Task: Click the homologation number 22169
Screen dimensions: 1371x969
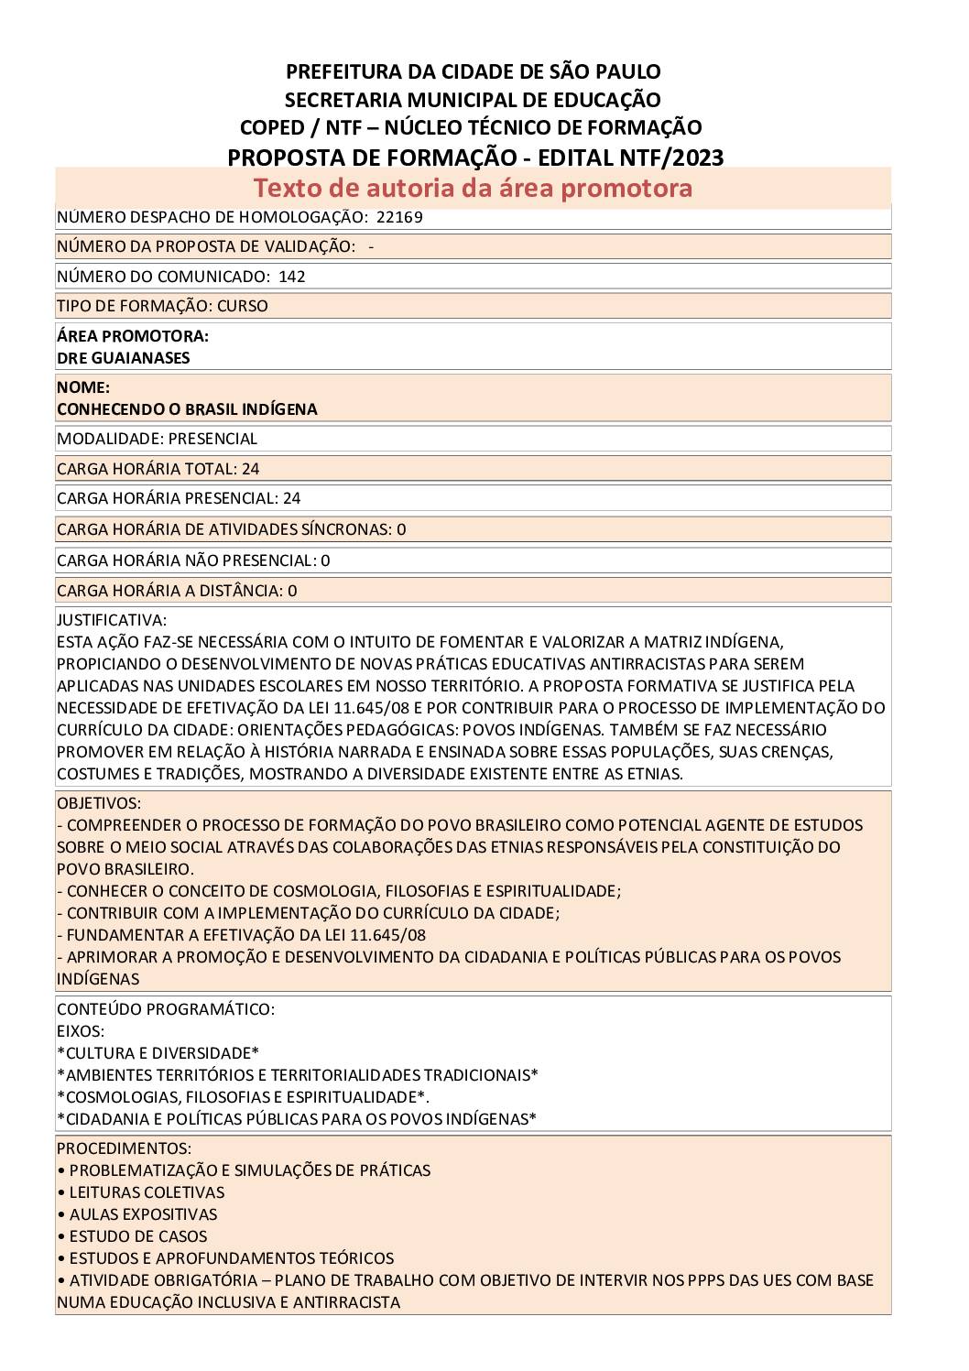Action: click(399, 217)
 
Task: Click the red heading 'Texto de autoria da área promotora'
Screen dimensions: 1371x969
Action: click(473, 188)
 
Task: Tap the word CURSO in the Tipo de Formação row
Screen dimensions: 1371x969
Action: click(243, 306)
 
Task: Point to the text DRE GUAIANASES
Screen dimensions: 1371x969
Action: click(123, 358)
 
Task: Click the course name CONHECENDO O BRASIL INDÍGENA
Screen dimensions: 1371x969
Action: click(187, 409)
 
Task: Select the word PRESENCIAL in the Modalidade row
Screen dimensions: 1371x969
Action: click(212, 439)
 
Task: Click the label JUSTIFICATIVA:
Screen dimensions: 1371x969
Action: click(112, 620)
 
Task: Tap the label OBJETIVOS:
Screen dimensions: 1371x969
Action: click(99, 803)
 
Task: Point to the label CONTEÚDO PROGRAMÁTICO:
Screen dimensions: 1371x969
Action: click(165, 1009)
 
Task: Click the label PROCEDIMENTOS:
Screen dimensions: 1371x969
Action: click(124, 1148)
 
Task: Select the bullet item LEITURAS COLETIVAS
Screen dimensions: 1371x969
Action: click(147, 1192)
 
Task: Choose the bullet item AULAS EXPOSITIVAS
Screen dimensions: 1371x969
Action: click(143, 1214)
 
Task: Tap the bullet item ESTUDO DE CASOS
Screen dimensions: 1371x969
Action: click(138, 1236)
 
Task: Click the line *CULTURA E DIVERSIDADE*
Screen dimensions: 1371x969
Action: click(158, 1053)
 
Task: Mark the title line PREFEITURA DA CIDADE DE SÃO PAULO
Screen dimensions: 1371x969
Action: click(473, 71)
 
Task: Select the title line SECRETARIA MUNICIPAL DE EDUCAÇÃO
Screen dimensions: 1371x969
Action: click(473, 100)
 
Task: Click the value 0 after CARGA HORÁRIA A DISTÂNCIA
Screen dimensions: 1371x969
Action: click(292, 591)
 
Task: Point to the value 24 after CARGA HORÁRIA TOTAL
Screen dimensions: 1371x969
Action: click(250, 469)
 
